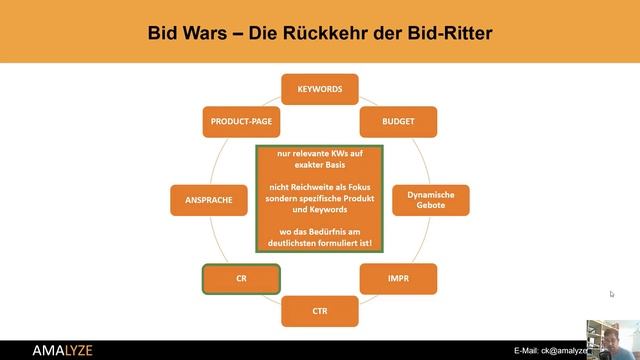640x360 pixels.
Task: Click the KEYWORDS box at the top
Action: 320,89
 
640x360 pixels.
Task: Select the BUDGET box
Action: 398,121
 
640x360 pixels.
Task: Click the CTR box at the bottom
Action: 320,311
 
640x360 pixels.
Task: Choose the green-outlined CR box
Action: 241,279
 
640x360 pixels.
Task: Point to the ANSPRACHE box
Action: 209,199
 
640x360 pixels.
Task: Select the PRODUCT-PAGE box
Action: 241,121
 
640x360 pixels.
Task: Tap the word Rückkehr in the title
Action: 329,34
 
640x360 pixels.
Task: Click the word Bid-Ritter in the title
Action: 451,34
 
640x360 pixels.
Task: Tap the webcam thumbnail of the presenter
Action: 613,339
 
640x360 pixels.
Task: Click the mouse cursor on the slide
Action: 612,294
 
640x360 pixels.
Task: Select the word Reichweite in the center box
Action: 299,187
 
